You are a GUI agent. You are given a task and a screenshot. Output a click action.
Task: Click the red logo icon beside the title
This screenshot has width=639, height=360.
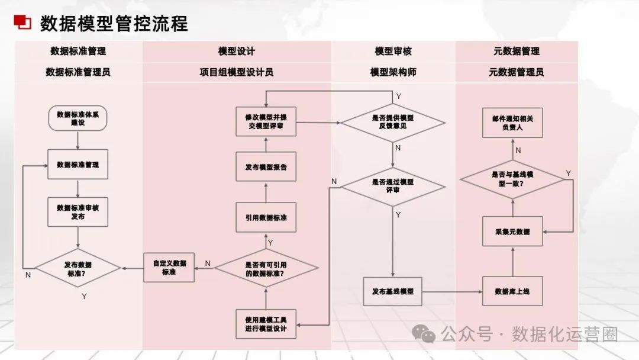[x=22, y=22]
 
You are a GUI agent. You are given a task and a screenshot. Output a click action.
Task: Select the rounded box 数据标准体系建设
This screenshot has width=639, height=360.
[x=78, y=118]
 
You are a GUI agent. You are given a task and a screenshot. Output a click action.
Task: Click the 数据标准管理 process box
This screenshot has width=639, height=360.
[x=78, y=164]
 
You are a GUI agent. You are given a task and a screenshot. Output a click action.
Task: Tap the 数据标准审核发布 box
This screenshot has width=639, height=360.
[x=78, y=212]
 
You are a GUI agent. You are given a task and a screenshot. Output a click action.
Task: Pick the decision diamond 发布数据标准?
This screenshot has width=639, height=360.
[x=78, y=269]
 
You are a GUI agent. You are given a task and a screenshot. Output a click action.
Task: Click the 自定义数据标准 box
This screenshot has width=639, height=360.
[x=169, y=268]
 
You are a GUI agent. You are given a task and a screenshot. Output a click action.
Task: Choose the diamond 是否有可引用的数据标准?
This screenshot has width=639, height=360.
[x=266, y=269]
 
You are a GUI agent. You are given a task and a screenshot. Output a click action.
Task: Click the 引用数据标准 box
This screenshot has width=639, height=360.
[x=266, y=217]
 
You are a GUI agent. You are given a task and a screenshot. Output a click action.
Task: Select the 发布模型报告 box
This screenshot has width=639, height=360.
[x=266, y=167]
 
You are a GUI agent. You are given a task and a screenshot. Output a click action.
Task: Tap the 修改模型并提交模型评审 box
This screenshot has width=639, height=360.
[x=266, y=122]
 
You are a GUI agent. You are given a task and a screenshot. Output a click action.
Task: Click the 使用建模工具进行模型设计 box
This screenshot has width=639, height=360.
[x=266, y=324]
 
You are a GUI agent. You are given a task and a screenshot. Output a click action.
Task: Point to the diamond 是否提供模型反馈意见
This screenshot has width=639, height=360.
[x=393, y=123]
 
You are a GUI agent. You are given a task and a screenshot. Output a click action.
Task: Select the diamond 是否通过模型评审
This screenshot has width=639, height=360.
[x=393, y=186]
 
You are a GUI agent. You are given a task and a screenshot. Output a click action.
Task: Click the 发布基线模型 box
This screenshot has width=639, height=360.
[x=393, y=291]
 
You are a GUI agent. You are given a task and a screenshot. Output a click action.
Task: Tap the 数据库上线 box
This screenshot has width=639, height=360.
[x=512, y=291]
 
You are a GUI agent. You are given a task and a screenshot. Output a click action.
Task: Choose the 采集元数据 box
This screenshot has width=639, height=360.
[x=512, y=232]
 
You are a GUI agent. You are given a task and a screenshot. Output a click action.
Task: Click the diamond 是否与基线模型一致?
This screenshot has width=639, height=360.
[x=512, y=179]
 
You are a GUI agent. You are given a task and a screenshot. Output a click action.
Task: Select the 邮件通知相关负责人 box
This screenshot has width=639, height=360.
[x=512, y=123]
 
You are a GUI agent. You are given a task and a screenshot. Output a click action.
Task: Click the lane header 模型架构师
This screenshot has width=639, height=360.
[x=393, y=72]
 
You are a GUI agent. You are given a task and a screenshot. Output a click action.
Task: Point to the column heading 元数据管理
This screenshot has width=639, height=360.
[x=516, y=51]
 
